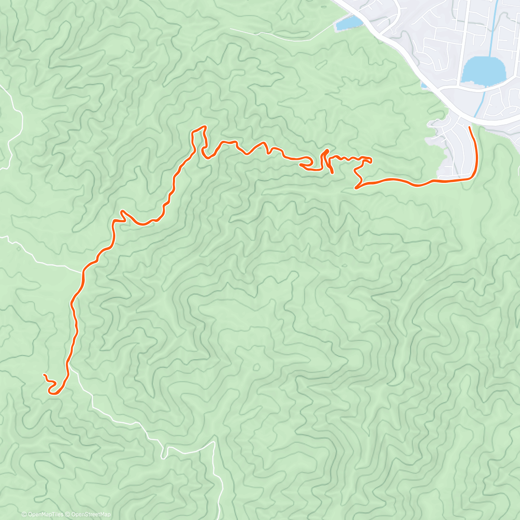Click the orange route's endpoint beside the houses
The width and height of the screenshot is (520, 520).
tap(470, 127)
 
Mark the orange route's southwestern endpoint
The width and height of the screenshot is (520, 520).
tap(44, 374)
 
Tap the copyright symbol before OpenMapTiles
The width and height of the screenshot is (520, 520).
tap(24, 514)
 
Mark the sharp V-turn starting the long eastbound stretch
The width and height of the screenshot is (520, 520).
tap(356, 188)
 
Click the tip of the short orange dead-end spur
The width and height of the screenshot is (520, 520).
tap(332, 173)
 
